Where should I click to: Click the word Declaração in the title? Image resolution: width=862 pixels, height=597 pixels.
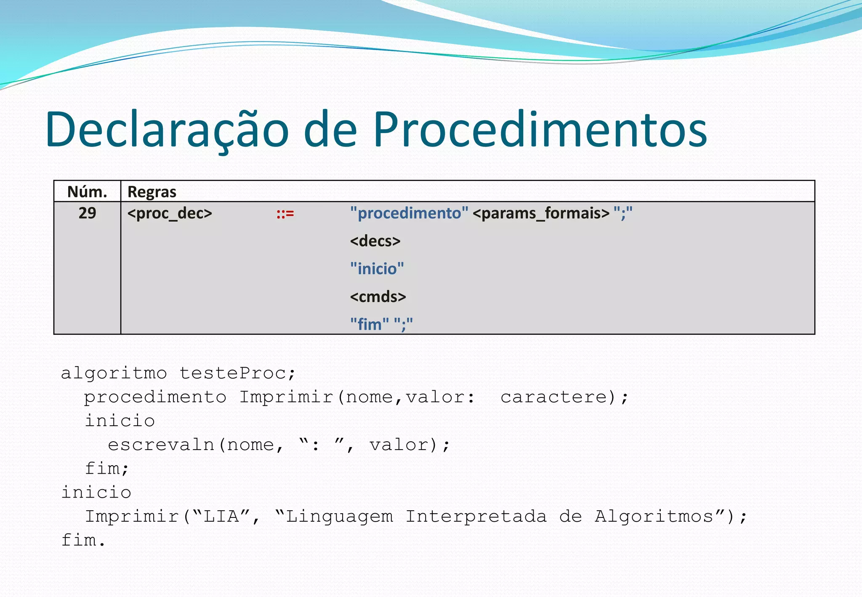tap(167, 130)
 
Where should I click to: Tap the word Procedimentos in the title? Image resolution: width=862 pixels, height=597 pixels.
tap(540, 130)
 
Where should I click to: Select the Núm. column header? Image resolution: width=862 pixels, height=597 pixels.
tap(87, 192)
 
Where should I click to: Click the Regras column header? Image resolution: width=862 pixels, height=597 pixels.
tap(152, 192)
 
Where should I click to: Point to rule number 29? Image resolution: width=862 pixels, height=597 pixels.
tap(87, 213)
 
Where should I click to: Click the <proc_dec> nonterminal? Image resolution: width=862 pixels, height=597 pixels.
tap(170, 213)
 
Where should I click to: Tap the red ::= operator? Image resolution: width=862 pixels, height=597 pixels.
tap(285, 214)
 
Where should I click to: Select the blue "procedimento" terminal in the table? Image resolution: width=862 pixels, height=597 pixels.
tap(409, 213)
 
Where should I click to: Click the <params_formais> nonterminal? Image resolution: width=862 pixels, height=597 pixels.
tap(541, 213)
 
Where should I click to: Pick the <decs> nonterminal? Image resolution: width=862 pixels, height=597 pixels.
tap(375, 241)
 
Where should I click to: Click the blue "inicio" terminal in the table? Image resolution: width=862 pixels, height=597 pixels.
tap(377, 269)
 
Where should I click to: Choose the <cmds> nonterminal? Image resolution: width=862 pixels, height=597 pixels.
tap(378, 297)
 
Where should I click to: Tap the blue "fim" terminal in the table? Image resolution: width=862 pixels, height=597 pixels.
tap(369, 324)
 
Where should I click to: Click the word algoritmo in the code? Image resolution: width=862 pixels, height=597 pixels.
tap(114, 373)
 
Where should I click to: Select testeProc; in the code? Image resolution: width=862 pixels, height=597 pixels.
tap(238, 373)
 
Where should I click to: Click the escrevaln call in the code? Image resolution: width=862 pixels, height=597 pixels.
tap(161, 445)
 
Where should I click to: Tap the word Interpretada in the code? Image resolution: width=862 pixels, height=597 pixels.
tap(476, 517)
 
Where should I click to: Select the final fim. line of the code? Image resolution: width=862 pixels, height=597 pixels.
tap(83, 540)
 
